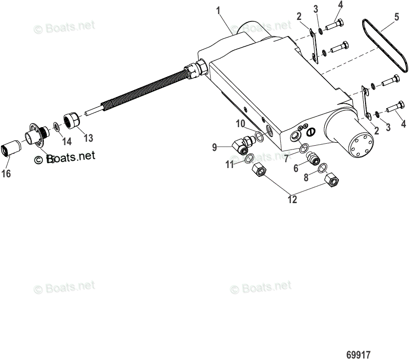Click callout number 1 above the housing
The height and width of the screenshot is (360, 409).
pos(219,9)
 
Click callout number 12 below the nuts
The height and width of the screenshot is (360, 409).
pos(292,199)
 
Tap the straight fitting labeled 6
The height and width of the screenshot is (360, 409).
pos(313,158)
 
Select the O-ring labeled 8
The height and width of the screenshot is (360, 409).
pos(322,169)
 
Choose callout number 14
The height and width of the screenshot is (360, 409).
pos(66,141)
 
